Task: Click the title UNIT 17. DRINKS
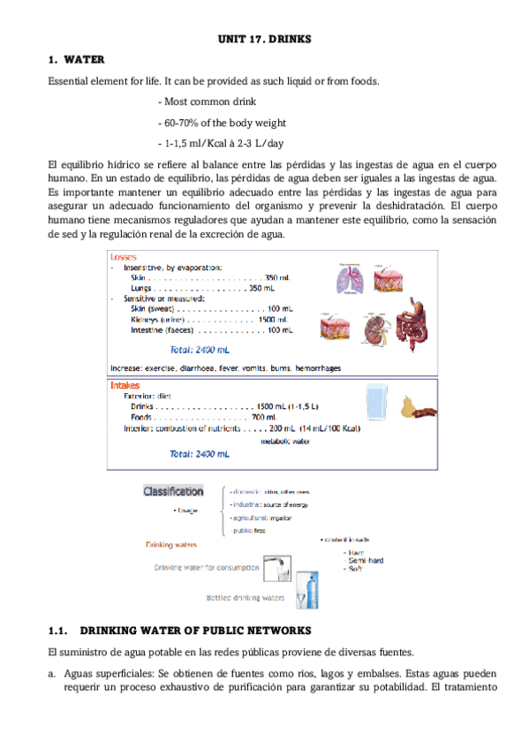pyautogui.click(x=265, y=40)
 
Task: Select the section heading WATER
pyautogui.click(x=86, y=60)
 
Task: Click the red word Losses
pyautogui.click(x=124, y=257)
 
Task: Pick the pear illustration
pyautogui.click(x=407, y=407)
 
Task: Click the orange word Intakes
pyautogui.click(x=125, y=385)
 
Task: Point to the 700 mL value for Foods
pyautogui.click(x=265, y=417)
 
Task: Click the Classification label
pyautogui.click(x=173, y=491)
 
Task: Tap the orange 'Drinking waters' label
pyautogui.click(x=171, y=545)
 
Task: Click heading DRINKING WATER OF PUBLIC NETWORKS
pyautogui.click(x=195, y=631)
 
